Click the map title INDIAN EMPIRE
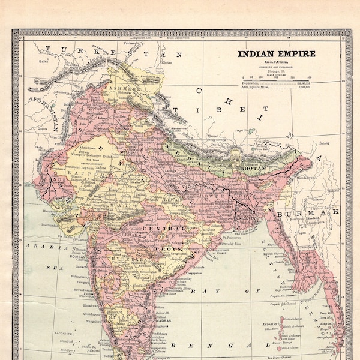point(277,54)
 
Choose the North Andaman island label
point(292,319)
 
